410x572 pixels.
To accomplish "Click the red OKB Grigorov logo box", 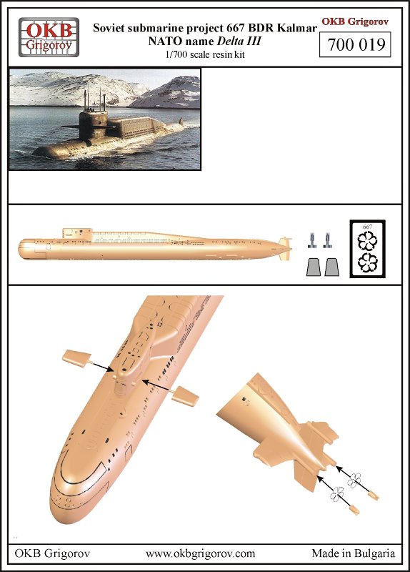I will point(47,38).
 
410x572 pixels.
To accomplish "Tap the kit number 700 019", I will point(355,45).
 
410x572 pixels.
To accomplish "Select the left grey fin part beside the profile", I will point(312,267).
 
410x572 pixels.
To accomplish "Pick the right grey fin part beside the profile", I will point(330,267).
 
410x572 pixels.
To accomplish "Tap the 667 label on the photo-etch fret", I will point(367,227).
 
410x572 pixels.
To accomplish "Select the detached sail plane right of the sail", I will point(186,394).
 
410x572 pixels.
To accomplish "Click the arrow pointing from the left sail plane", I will point(100,367).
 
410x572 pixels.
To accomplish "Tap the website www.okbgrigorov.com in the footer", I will point(199,554).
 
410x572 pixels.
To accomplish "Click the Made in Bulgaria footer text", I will point(353,554).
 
